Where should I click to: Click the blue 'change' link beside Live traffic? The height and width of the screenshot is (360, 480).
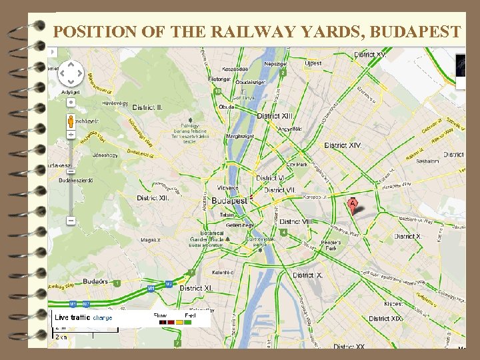point(102,317)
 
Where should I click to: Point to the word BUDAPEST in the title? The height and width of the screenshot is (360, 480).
point(414,31)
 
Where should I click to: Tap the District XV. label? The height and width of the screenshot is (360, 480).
point(371,54)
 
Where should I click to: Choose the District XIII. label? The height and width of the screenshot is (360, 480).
point(275,116)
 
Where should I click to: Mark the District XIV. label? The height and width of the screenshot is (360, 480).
point(343,145)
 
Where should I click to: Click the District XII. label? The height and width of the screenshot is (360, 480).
point(153,198)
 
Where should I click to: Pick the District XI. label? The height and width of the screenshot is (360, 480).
point(196,288)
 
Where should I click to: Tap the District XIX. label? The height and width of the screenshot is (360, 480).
point(387,319)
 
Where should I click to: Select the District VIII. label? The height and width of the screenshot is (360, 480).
point(296,221)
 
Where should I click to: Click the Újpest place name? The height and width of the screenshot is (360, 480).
point(313,63)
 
